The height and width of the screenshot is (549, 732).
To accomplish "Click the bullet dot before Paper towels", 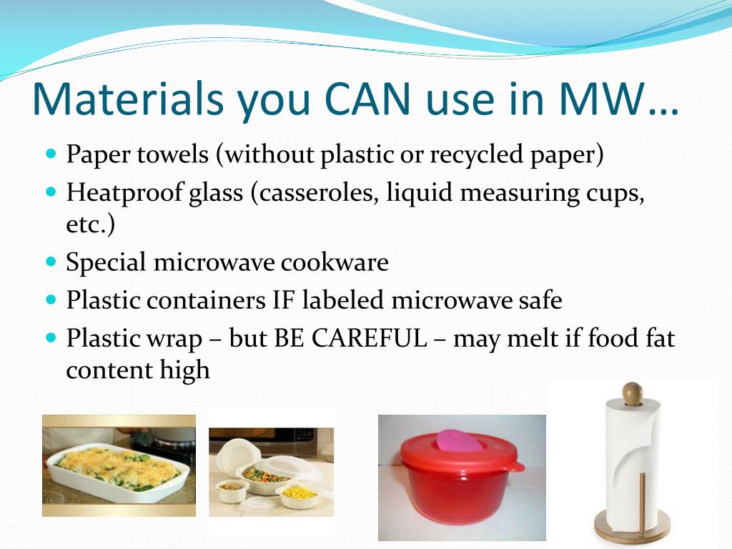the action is tap(51, 153).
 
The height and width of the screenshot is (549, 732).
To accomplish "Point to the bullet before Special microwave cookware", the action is tap(51, 260).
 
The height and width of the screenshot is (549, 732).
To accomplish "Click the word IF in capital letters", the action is tap(284, 300).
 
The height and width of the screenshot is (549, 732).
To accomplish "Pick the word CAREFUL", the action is tap(369, 338).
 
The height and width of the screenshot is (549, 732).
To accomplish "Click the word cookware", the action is tap(335, 262).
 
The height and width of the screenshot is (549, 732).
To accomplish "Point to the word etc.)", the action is tap(91, 224).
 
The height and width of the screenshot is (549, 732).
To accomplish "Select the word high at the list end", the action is tap(184, 370).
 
